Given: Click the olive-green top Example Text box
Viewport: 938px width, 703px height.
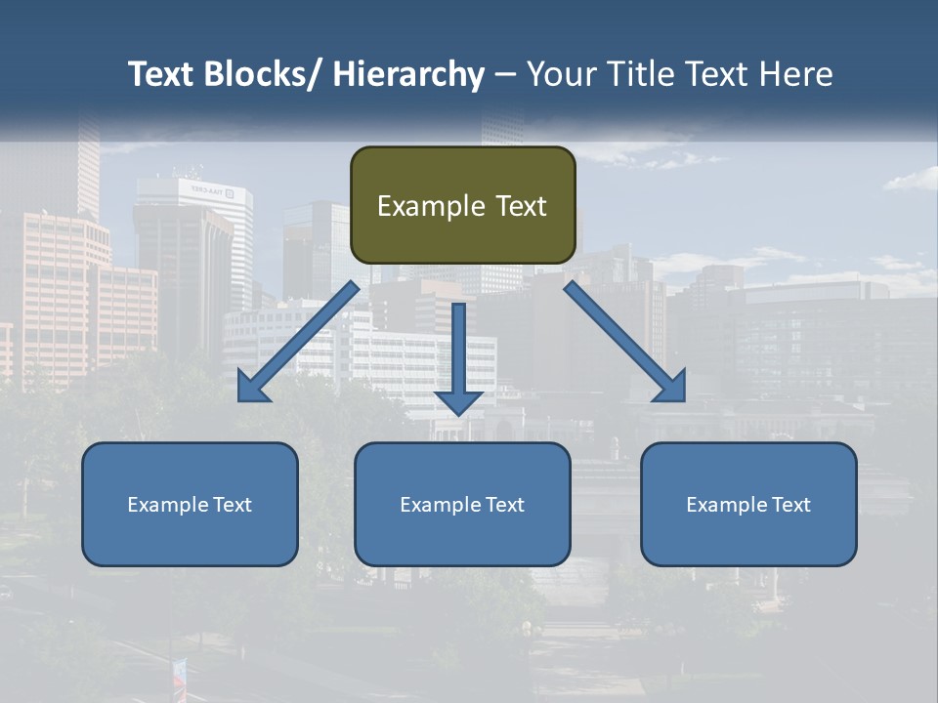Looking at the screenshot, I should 462,205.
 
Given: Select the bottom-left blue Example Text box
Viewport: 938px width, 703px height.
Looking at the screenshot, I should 190,504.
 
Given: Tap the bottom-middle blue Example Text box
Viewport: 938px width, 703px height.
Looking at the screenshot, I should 462,504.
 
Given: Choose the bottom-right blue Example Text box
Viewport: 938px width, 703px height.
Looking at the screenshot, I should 748,504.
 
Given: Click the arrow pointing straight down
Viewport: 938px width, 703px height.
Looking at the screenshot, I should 459,356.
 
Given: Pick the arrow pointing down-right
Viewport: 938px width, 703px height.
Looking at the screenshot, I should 625,342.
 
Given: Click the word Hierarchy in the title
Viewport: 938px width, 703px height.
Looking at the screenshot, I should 408,74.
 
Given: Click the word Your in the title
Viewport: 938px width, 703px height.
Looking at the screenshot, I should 559,74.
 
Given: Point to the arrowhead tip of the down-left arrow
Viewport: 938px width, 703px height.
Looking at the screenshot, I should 240,399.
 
